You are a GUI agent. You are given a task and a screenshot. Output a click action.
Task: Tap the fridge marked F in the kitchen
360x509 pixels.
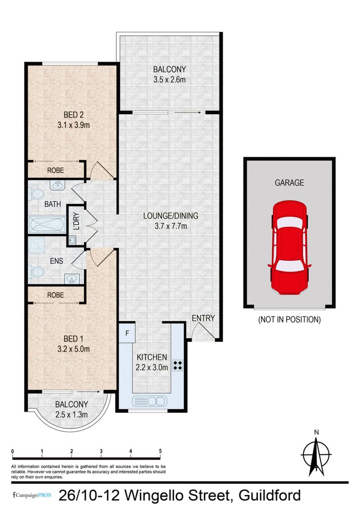coord(127,333)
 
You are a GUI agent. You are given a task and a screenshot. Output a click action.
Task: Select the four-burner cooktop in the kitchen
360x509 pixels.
coord(177,365)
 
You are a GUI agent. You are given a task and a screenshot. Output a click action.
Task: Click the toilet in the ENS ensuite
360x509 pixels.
coord(36,271)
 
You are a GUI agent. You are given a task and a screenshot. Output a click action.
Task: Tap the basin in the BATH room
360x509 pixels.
coord(57,185)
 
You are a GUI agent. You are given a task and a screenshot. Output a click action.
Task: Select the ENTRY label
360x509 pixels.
coord(203,318)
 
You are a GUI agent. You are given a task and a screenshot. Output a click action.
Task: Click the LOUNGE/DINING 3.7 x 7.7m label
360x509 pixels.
coord(171,221)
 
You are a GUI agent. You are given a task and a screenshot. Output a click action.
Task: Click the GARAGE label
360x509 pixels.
coord(289,183)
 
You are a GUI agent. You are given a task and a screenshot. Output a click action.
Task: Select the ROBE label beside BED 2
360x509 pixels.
coord(55,171)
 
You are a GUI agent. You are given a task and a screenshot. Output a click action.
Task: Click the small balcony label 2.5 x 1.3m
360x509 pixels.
coord(71,414)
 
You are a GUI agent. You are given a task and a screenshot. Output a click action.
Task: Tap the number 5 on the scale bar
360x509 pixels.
coord(160,451)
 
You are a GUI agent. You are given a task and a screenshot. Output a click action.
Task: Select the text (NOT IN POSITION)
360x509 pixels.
coord(289,320)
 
